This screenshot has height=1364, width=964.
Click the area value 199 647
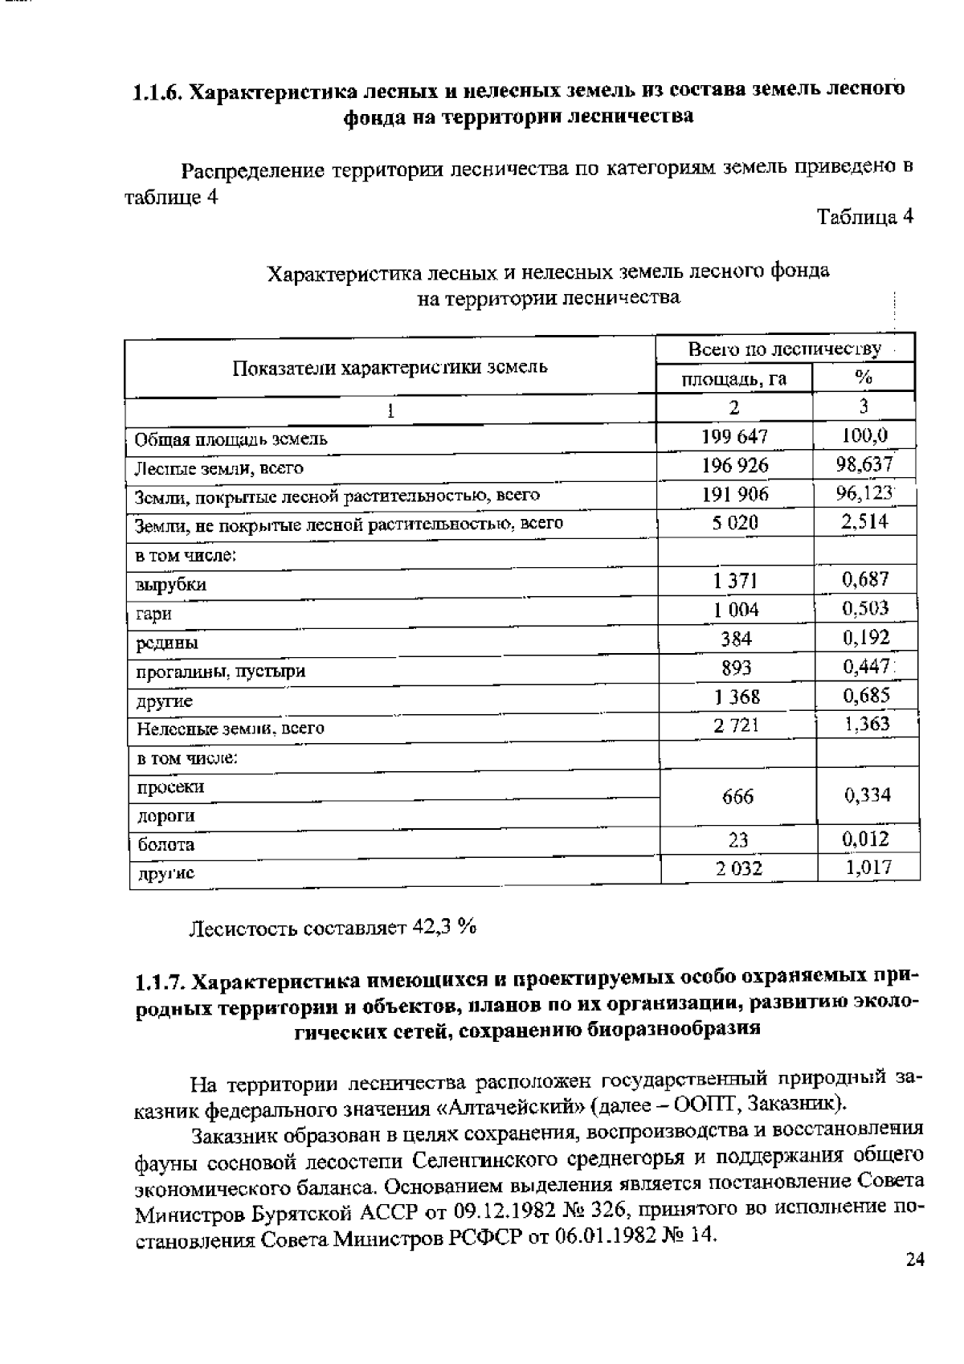pyautogui.click(x=734, y=437)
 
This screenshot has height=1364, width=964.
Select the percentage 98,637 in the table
pyautogui.click(x=864, y=465)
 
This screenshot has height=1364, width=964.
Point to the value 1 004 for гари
pyautogui.click(x=736, y=610)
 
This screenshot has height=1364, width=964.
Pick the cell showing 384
pyautogui.click(x=736, y=639)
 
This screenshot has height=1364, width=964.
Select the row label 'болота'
pyautogui.click(x=165, y=845)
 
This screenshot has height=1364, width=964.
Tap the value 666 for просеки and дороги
pyautogui.click(x=737, y=796)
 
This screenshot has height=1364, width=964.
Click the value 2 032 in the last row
pyautogui.click(x=738, y=868)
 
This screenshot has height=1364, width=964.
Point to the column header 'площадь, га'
pyautogui.click(x=733, y=378)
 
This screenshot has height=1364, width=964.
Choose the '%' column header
pyautogui.click(x=864, y=378)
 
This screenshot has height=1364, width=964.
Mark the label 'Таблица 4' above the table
pyautogui.click(x=864, y=217)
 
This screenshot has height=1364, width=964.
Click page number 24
pyautogui.click(x=915, y=1260)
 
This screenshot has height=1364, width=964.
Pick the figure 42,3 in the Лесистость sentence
pyautogui.click(x=432, y=927)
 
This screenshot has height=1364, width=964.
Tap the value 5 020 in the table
pyautogui.click(x=734, y=523)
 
